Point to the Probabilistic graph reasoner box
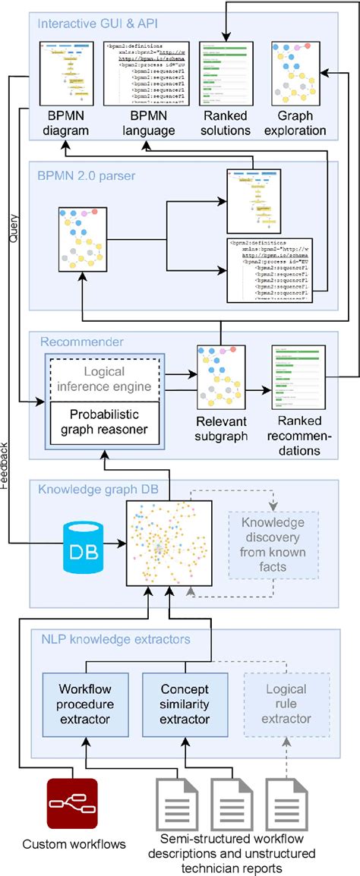99,424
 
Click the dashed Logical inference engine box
99,380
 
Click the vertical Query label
14,226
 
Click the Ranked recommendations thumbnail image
297,377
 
